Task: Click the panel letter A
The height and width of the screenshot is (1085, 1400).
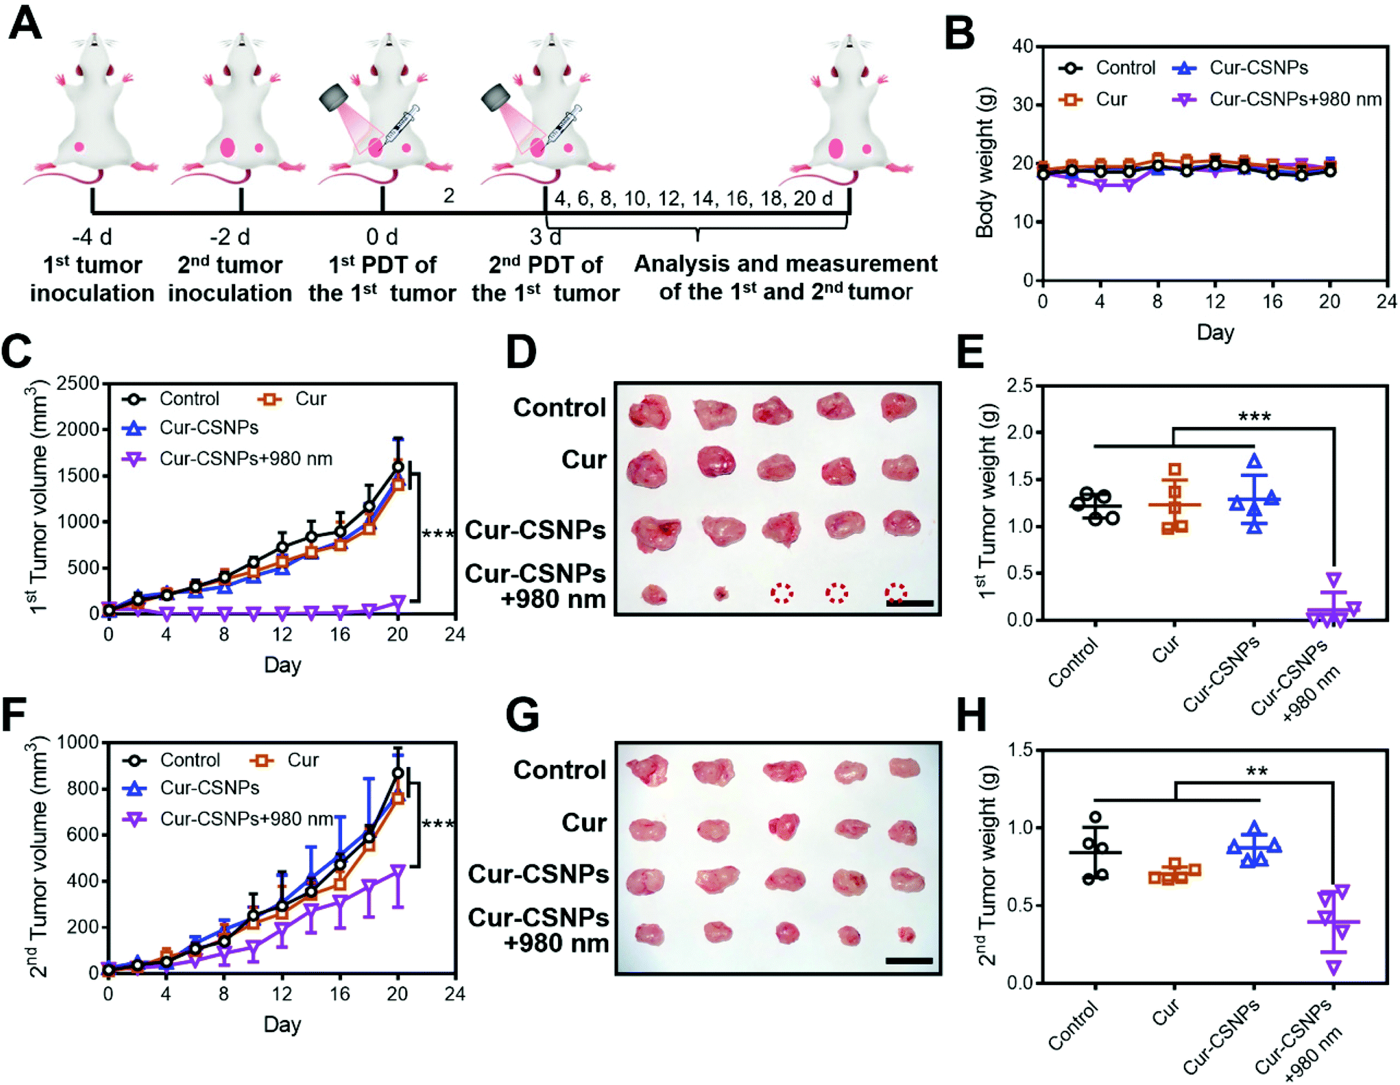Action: [x=25, y=24]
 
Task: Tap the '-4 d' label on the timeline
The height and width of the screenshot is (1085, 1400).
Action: [x=92, y=236]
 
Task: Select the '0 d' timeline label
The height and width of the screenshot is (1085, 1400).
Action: [x=382, y=236]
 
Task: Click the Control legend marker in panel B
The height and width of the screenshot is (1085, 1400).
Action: [x=1070, y=68]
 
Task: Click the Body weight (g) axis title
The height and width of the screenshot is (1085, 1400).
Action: [x=985, y=162]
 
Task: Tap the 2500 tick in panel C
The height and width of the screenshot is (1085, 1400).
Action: [x=77, y=382]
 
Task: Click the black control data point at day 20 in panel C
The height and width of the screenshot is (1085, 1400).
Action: [x=398, y=467]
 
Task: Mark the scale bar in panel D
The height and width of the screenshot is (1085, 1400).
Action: [x=910, y=603]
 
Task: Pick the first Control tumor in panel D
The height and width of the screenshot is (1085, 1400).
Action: [x=649, y=412]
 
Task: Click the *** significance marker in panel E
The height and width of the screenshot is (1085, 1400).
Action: [x=1254, y=417]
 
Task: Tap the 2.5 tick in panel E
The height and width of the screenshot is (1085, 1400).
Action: [x=1019, y=385]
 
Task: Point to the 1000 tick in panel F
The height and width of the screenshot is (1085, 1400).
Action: [x=78, y=742]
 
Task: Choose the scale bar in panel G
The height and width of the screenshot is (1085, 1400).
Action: [x=909, y=961]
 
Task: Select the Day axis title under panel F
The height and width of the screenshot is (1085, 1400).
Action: [x=282, y=1025]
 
